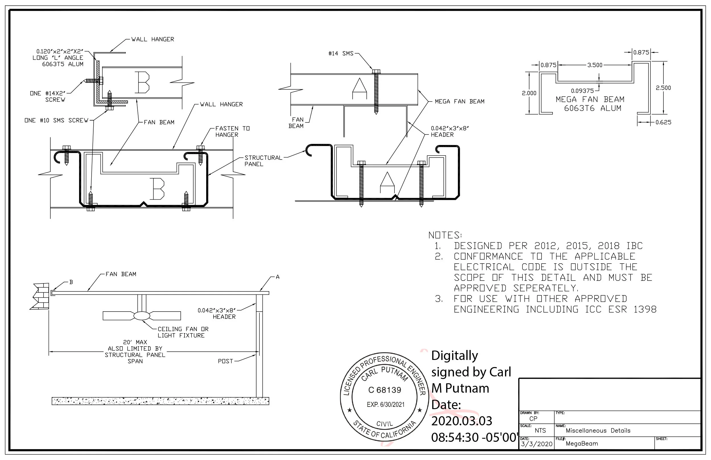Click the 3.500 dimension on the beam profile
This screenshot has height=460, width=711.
click(594, 65)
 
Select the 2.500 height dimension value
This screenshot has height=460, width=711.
click(663, 88)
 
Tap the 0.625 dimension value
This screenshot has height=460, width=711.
click(663, 122)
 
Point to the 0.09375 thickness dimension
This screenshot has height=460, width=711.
click(582, 91)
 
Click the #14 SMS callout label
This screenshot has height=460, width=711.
click(341, 53)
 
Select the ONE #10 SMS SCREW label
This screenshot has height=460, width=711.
click(57, 120)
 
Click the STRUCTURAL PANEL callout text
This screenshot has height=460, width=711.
click(263, 161)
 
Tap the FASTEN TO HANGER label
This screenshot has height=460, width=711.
click(232, 131)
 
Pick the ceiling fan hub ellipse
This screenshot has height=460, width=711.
click(142, 316)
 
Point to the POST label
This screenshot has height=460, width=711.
click(225, 361)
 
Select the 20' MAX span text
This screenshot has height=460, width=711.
click(135, 342)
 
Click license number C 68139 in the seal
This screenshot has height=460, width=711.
click(385, 390)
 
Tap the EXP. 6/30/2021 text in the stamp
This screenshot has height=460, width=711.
click(385, 405)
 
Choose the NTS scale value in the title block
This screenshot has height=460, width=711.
click(540, 430)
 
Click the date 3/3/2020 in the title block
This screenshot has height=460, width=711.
click(537, 444)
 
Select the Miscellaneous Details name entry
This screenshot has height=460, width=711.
click(598, 430)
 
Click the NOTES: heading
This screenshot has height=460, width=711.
click(445, 235)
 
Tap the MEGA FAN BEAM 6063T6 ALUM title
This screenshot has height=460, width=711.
click(590, 104)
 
